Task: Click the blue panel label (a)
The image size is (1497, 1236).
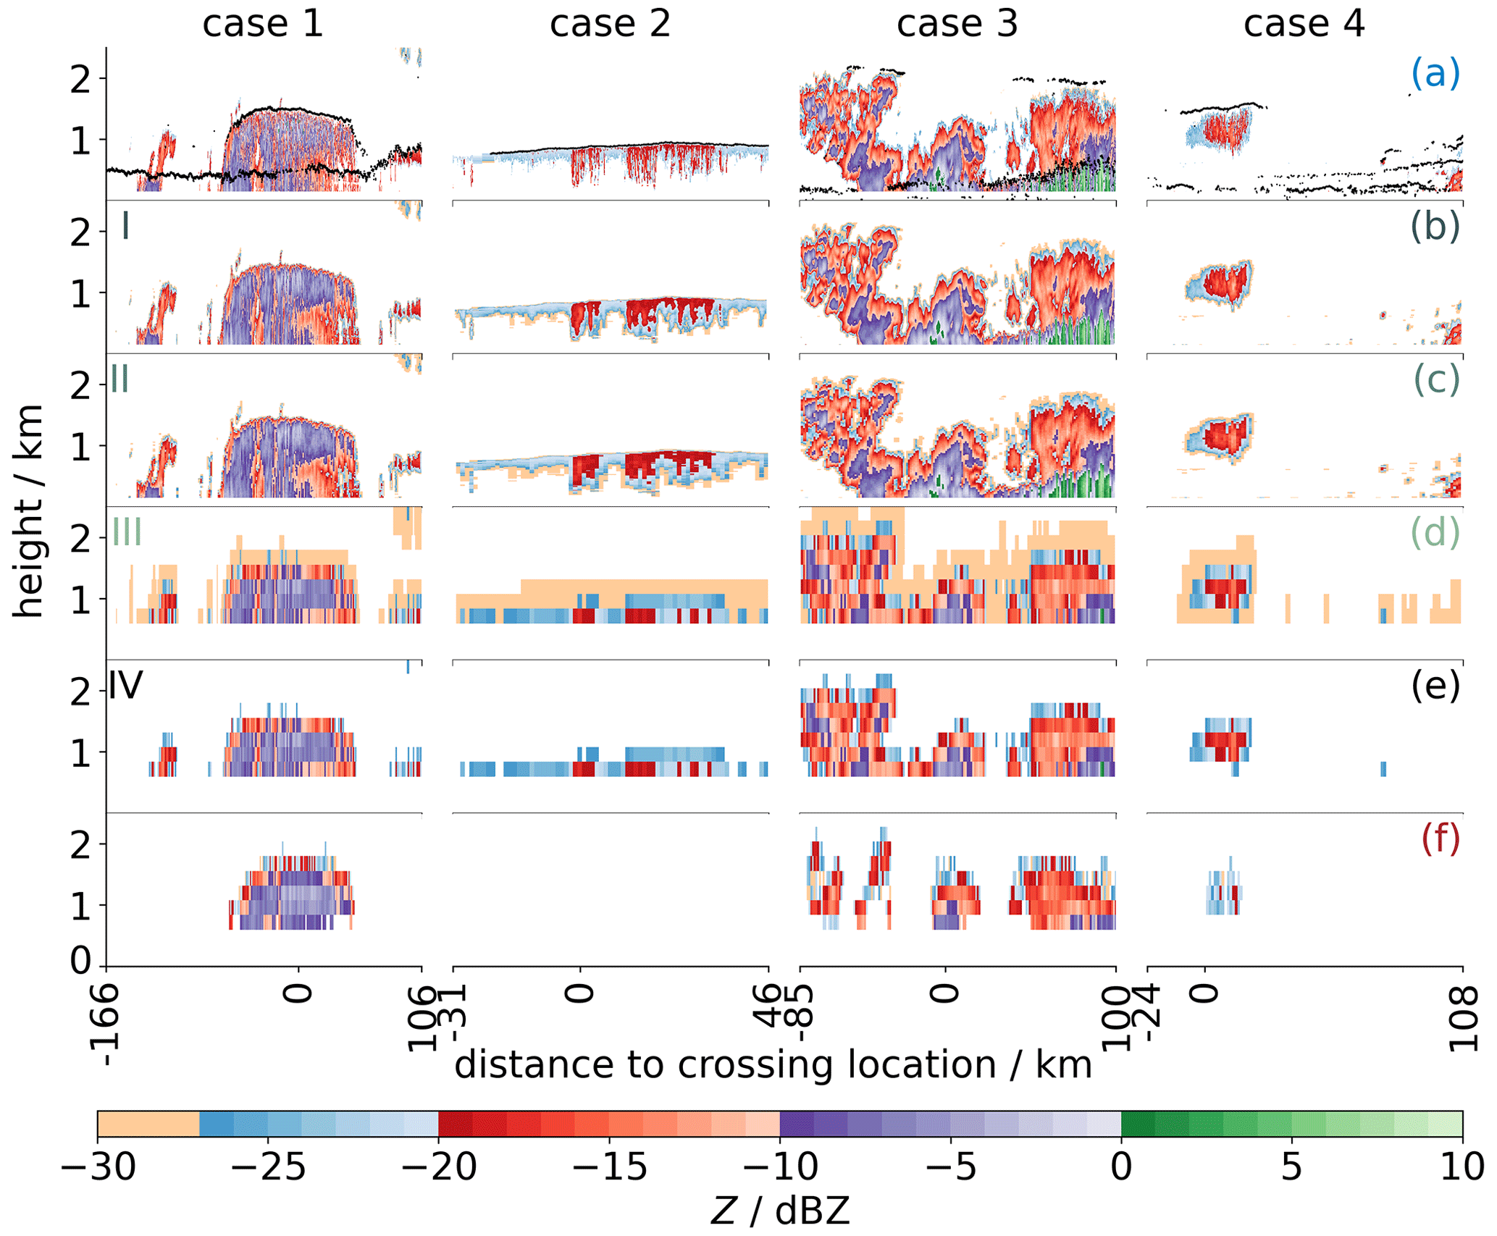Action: point(1435,73)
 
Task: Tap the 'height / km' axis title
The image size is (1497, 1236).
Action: point(29,510)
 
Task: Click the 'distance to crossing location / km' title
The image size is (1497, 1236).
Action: point(773,1064)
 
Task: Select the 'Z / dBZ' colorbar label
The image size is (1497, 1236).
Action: point(779,1211)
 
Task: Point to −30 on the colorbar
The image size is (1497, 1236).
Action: point(98,1167)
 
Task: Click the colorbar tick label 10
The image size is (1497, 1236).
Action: point(1461,1167)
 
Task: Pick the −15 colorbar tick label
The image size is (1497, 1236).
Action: point(610,1167)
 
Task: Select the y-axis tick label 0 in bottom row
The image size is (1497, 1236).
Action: point(81,960)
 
